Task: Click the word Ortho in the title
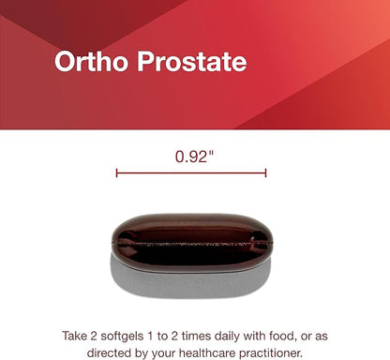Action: coord(87,62)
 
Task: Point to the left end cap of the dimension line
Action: coord(116,172)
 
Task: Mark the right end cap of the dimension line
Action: coord(266,172)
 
